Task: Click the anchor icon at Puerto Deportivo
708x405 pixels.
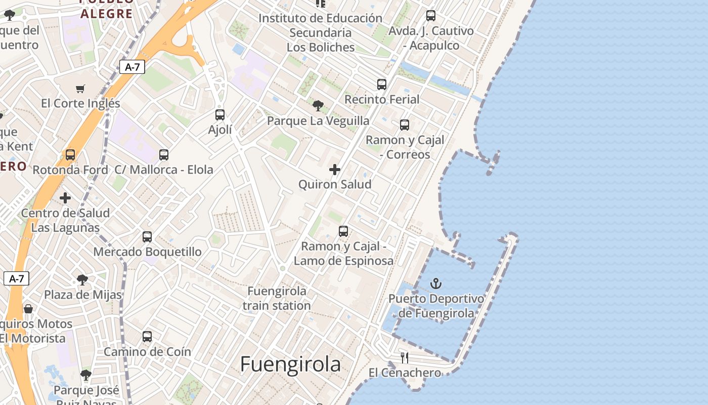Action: click(x=435, y=283)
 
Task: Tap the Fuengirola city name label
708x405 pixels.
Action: click(x=290, y=364)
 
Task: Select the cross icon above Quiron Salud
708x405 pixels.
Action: click(x=335, y=170)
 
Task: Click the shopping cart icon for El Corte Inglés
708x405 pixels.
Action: click(x=80, y=89)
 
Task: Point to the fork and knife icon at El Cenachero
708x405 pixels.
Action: click(x=405, y=358)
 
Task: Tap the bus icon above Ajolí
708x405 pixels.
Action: click(x=219, y=115)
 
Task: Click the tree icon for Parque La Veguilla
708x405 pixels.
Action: click(x=318, y=106)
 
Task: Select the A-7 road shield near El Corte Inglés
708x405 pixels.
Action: click(x=132, y=67)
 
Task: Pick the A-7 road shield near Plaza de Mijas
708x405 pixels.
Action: click(x=17, y=278)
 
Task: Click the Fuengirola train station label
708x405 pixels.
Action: click(x=277, y=298)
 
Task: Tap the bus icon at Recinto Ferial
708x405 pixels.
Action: click(x=382, y=85)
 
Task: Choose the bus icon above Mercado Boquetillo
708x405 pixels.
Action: click(x=147, y=236)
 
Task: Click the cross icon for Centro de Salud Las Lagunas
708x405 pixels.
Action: click(x=65, y=198)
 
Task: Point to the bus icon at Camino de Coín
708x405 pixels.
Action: click(x=147, y=336)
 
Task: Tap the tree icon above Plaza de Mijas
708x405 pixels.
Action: click(x=82, y=280)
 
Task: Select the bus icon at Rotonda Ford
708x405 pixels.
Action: click(x=70, y=155)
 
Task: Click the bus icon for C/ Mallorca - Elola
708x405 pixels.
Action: click(x=164, y=155)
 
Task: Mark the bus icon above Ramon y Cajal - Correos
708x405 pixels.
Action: click(x=405, y=125)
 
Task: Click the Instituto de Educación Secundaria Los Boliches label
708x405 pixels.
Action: click(x=321, y=32)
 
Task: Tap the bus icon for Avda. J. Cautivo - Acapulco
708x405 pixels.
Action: click(x=431, y=16)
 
